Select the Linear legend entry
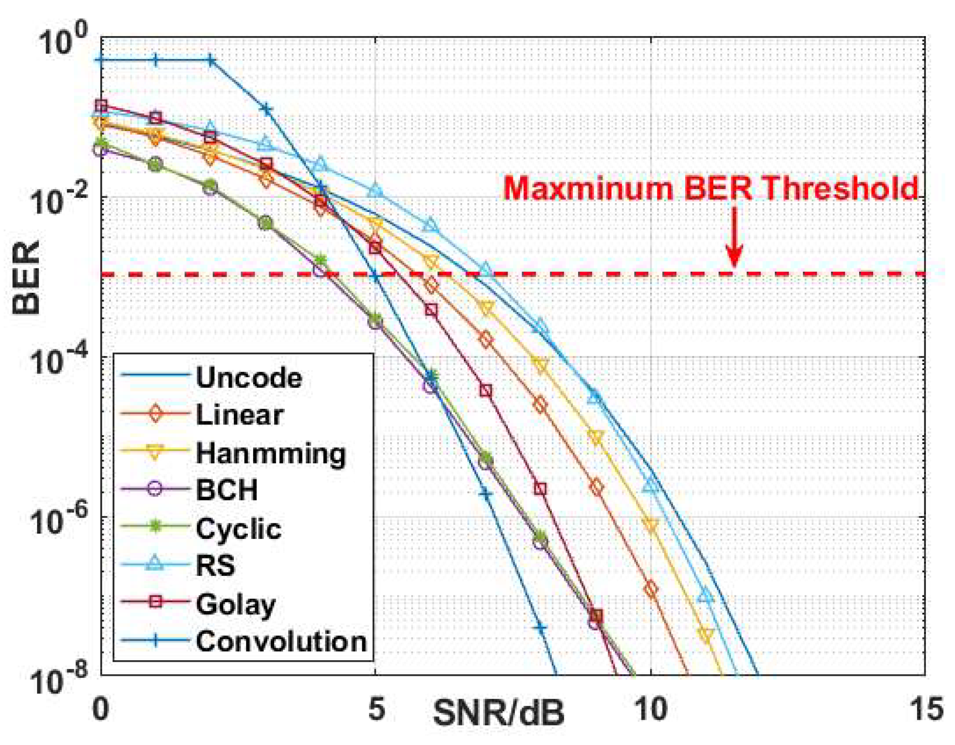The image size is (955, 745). (x=239, y=415)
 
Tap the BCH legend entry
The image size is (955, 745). (x=226, y=490)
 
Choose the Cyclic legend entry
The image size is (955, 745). (x=238, y=528)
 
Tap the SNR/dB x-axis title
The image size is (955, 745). (x=498, y=713)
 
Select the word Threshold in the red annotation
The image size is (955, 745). (x=840, y=188)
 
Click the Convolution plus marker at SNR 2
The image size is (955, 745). (x=210, y=61)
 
